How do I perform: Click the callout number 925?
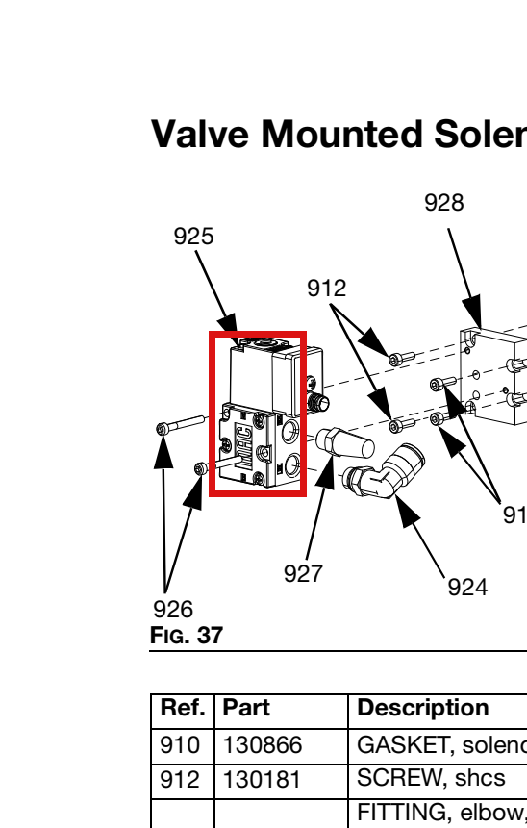coord(194,236)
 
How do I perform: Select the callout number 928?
coord(444,203)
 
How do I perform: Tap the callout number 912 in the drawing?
coord(327,289)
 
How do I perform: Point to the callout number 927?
coord(303,573)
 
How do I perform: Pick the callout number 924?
coord(467,588)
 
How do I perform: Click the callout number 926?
coord(173,610)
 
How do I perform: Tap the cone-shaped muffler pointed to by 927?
coord(345,443)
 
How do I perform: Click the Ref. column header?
coord(183,708)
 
